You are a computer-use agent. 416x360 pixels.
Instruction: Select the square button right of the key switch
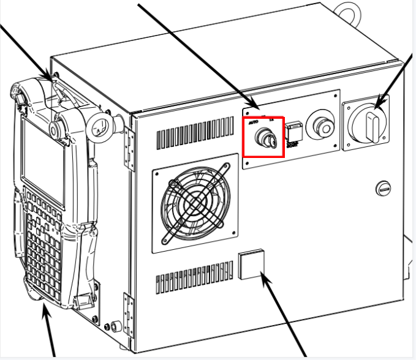[292, 131]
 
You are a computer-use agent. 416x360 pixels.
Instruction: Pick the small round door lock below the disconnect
[383, 189]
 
